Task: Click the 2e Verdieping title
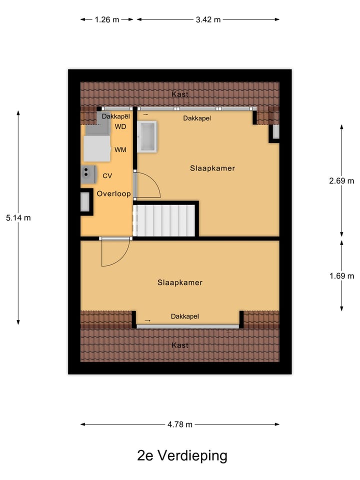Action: tap(182, 455)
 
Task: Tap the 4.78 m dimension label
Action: tap(180, 424)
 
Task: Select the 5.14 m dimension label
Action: tap(18, 217)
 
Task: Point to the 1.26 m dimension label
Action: tap(107, 20)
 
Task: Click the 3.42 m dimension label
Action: tap(208, 20)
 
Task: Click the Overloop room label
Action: tap(113, 194)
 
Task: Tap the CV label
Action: tap(107, 176)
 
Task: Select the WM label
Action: tap(120, 149)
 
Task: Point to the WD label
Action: tap(120, 126)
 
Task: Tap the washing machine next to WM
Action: tap(96, 149)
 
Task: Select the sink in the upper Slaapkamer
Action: tap(147, 135)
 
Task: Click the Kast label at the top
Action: tap(180, 94)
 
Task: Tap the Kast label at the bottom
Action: tap(180, 345)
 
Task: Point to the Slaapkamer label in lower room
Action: tap(180, 282)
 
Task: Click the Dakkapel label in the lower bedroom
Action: tap(185, 316)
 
